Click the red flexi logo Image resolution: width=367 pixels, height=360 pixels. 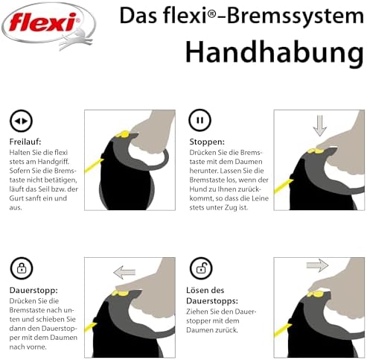click(x=43, y=22)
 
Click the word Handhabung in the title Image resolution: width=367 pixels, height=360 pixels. click(x=275, y=53)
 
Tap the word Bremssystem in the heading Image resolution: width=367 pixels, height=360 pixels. click(x=296, y=16)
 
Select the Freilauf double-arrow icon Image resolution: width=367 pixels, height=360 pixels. click(x=21, y=121)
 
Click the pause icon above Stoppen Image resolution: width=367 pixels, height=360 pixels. click(x=200, y=120)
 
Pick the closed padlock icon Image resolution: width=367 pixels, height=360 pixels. click(x=22, y=268)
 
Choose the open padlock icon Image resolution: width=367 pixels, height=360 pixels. click(x=201, y=268)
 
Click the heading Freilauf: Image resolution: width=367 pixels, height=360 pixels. click(x=25, y=142)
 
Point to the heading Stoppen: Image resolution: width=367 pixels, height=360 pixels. click(x=207, y=142)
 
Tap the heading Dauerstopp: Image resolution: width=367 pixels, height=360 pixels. click(x=33, y=290)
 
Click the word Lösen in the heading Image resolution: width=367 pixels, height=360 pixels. click(x=198, y=290)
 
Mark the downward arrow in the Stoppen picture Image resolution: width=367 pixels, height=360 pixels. click(x=320, y=125)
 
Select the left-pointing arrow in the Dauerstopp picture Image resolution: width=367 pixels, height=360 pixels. click(x=124, y=272)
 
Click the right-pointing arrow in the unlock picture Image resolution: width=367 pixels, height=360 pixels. click(x=317, y=265)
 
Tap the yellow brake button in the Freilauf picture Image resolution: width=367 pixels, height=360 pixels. click(x=122, y=134)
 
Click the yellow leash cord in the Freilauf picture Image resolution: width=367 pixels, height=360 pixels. click(x=94, y=165)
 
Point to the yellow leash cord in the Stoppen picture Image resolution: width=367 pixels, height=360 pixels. click(x=283, y=186)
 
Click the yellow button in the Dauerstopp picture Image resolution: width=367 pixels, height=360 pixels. click(x=120, y=294)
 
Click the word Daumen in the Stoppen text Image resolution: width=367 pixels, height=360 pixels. click(x=249, y=162)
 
